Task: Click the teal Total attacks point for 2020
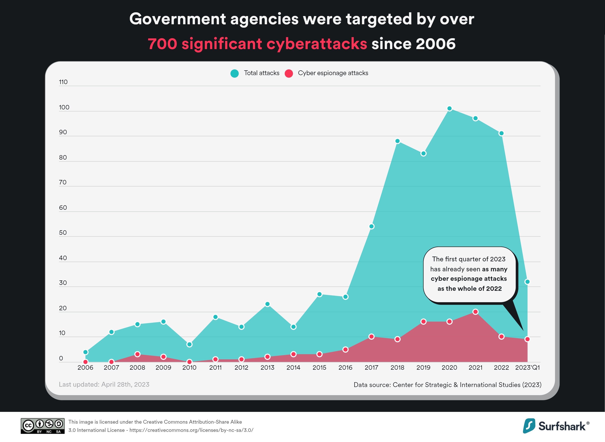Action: point(449,108)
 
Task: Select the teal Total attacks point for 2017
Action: point(371,226)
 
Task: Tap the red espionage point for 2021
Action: point(475,312)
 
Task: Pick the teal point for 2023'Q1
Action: point(527,282)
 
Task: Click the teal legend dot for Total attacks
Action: point(234,73)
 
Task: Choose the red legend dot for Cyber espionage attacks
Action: point(289,73)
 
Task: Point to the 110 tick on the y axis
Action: point(63,82)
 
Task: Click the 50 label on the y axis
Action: point(63,232)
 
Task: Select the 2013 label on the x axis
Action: point(267,368)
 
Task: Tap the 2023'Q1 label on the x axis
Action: point(527,368)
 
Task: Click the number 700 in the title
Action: point(162,44)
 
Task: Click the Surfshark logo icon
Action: point(529,426)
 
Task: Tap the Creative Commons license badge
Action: point(43,426)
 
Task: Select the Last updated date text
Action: point(104,385)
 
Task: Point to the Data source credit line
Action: point(447,385)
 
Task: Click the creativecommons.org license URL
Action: point(191,430)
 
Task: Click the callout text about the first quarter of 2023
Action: point(469,274)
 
